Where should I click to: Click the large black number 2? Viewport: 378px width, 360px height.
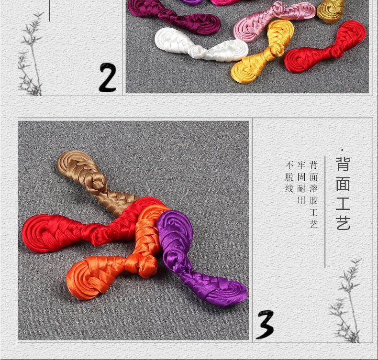108,77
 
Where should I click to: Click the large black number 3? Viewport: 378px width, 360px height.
266,324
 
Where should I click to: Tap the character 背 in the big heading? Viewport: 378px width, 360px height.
343,164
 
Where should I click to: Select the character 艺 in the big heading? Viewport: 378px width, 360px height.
343,223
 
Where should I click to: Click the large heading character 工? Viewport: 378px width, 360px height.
343,204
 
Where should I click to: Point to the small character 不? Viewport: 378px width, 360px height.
289,165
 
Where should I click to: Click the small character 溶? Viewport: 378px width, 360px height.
313,189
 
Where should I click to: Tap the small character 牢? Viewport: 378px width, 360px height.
301,165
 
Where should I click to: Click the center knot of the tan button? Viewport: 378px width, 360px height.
98,182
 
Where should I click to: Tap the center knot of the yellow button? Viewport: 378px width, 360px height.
277,51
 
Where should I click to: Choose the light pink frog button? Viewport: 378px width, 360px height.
274,21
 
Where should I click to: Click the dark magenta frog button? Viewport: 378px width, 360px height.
174,16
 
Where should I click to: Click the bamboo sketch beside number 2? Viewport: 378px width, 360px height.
31,54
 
